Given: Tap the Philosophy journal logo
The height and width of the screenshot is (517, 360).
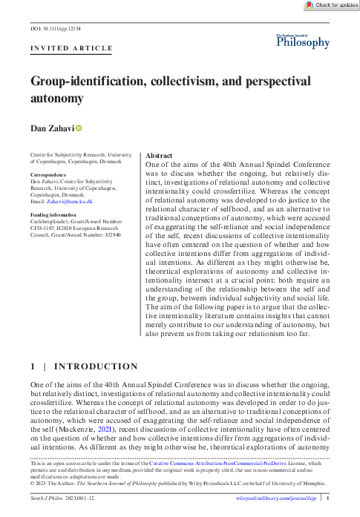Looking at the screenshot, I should tap(303, 42).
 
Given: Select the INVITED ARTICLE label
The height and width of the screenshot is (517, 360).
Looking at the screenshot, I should tap(71, 49).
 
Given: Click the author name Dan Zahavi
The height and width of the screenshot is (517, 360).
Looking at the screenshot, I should tap(51, 128).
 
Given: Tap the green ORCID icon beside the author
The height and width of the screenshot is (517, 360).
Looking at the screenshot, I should tap(79, 128).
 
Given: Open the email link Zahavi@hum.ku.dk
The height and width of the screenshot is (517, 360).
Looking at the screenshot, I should tap(68, 201).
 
